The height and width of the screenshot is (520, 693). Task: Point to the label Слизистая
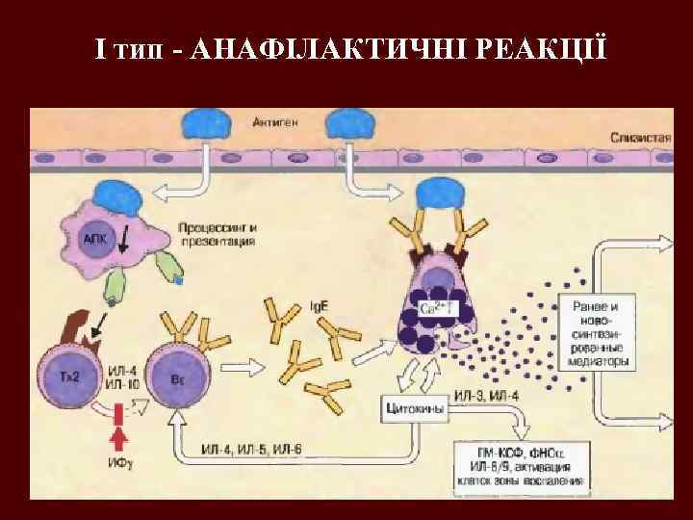639,138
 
